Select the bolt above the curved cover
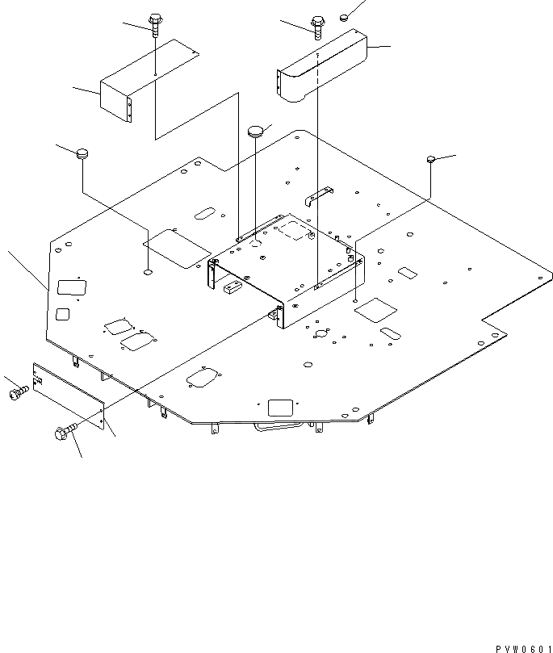click(x=317, y=26)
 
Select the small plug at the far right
click(x=431, y=161)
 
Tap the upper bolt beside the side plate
click(x=18, y=391)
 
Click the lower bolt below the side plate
click(x=65, y=432)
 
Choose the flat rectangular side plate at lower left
click(x=69, y=397)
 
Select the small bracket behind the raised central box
click(x=319, y=195)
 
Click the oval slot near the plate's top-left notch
click(x=205, y=214)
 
